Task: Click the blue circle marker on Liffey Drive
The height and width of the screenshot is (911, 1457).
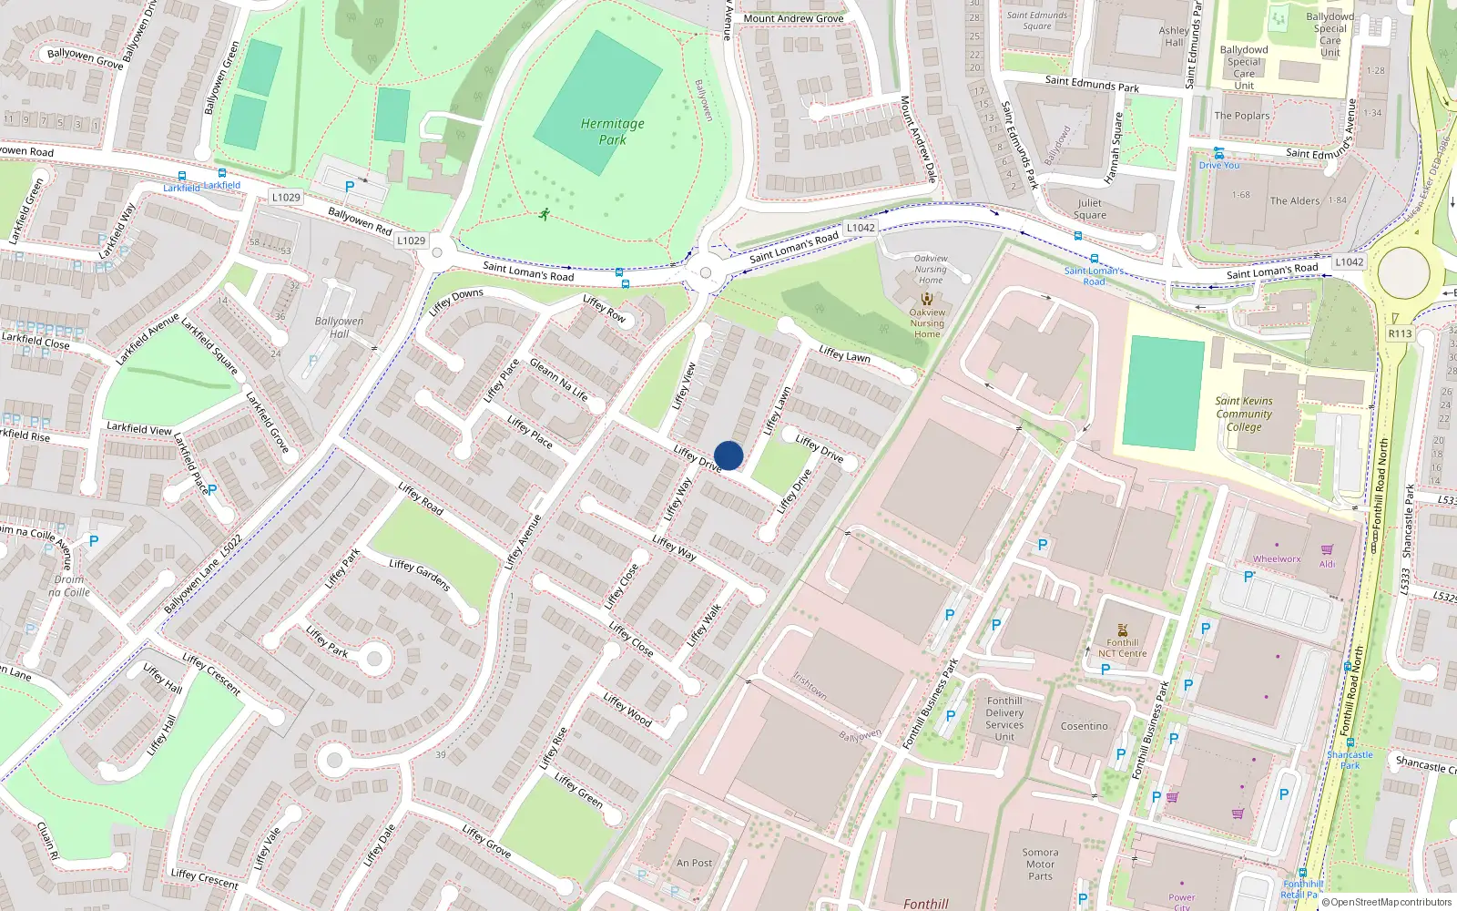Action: (x=728, y=455)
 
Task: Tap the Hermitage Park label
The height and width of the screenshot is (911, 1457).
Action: (x=612, y=131)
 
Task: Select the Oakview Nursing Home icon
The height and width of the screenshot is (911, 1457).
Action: (x=927, y=299)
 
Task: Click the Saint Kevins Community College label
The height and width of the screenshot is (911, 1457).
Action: (x=1244, y=414)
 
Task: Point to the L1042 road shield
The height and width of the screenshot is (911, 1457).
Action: (x=861, y=228)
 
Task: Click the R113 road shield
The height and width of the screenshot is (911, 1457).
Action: (x=1400, y=333)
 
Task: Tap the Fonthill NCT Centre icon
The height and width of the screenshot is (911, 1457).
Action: (x=1122, y=630)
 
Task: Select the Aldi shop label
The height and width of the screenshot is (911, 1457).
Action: (x=1328, y=564)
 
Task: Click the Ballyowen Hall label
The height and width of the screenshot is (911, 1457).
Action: (x=339, y=327)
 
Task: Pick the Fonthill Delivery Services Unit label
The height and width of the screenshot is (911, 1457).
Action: (x=1004, y=719)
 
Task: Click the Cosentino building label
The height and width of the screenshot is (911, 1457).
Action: (x=1084, y=726)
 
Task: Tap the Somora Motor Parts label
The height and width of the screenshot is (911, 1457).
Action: (x=1040, y=864)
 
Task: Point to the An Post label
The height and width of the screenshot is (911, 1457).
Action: (x=694, y=863)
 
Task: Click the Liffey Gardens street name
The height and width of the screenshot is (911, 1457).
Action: (x=420, y=575)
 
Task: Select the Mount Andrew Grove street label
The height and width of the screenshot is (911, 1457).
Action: (x=793, y=18)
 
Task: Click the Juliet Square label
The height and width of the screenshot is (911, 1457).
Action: (x=1090, y=210)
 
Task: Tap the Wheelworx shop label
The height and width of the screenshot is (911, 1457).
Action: (x=1277, y=559)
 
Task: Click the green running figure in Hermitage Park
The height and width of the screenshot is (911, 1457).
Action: (x=545, y=215)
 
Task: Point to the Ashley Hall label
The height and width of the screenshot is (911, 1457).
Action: (x=1174, y=36)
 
